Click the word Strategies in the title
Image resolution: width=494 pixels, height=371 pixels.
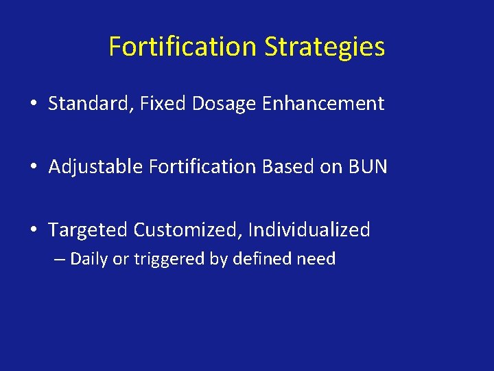tap(325, 47)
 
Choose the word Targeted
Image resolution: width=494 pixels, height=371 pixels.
tap(88, 229)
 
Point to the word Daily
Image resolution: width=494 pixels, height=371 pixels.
tap(89, 259)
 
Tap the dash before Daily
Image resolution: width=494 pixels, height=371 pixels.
tap(61, 260)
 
